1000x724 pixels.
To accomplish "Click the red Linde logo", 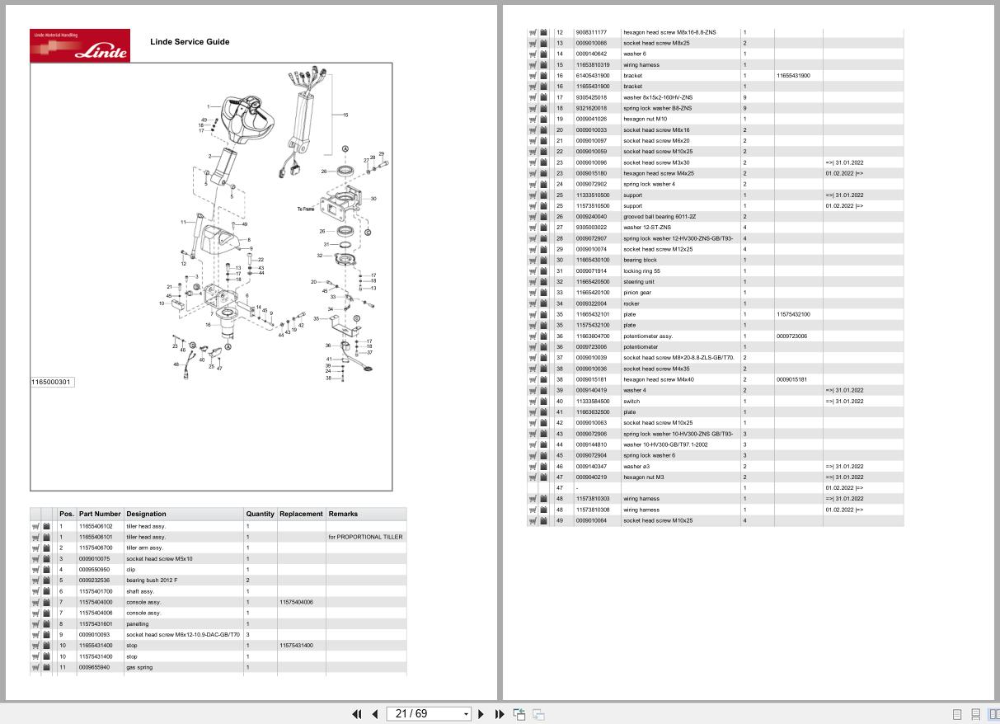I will pyautogui.click(x=80, y=45).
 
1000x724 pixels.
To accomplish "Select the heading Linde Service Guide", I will pyautogui.click(x=190, y=41).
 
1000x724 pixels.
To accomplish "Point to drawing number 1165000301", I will pyautogui.click(x=52, y=382).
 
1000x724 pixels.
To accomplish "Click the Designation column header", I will pyautogui.click(x=146, y=514).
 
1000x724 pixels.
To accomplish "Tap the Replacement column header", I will pyautogui.click(x=301, y=514).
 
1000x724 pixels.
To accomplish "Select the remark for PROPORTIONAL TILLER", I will pyautogui.click(x=365, y=537).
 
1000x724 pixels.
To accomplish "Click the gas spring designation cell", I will pyautogui.click(x=139, y=667).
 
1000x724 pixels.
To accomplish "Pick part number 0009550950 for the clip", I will pyautogui.click(x=94, y=569).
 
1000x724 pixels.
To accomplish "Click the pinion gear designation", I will pyautogui.click(x=637, y=293).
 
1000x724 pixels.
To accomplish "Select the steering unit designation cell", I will pyautogui.click(x=639, y=282).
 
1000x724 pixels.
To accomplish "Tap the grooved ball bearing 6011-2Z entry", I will pyautogui.click(x=660, y=217).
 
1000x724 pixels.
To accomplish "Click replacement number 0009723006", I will pyautogui.click(x=791, y=336).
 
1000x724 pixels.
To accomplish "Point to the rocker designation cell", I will pyautogui.click(x=631, y=303).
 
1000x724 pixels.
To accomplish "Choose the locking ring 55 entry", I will pyautogui.click(x=641, y=271).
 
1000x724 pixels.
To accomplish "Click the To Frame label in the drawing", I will pyautogui.click(x=307, y=209).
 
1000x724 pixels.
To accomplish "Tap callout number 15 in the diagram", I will pyautogui.click(x=345, y=115).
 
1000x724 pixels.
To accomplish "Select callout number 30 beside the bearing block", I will pyautogui.click(x=373, y=199).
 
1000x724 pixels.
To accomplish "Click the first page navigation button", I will pyautogui.click(x=356, y=714).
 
